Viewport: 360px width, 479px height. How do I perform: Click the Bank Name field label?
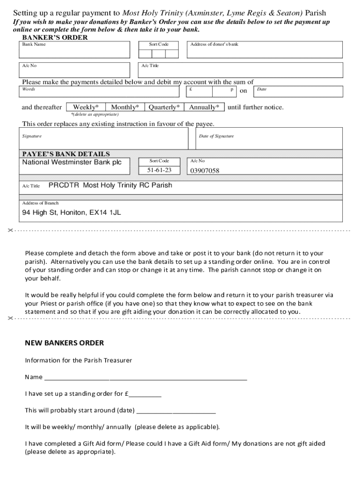click(34, 44)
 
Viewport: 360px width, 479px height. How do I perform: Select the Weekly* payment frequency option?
click(86, 107)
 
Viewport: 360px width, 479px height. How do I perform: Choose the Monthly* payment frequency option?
click(125, 107)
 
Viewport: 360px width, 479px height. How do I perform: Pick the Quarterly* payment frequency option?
click(164, 107)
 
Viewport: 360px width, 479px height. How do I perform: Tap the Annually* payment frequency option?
click(204, 107)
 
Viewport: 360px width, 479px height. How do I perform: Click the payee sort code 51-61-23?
click(159, 170)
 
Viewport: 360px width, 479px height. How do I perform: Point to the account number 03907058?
click(204, 171)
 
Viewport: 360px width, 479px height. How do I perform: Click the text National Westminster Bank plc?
click(72, 162)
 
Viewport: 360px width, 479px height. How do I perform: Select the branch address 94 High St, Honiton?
click(72, 212)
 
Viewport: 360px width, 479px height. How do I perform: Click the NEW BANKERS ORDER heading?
click(64, 343)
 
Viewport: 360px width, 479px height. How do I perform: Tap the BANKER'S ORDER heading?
click(55, 37)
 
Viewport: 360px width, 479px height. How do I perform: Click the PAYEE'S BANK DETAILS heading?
click(66, 154)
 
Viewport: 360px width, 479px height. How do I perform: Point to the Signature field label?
click(32, 136)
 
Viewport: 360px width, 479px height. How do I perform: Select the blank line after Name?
click(145, 377)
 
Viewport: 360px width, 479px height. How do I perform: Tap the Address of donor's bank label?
click(214, 44)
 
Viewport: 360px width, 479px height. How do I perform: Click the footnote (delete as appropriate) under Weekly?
click(94, 114)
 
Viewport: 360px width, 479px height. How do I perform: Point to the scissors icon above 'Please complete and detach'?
click(11, 231)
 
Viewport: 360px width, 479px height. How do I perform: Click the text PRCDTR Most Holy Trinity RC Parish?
click(110, 185)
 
